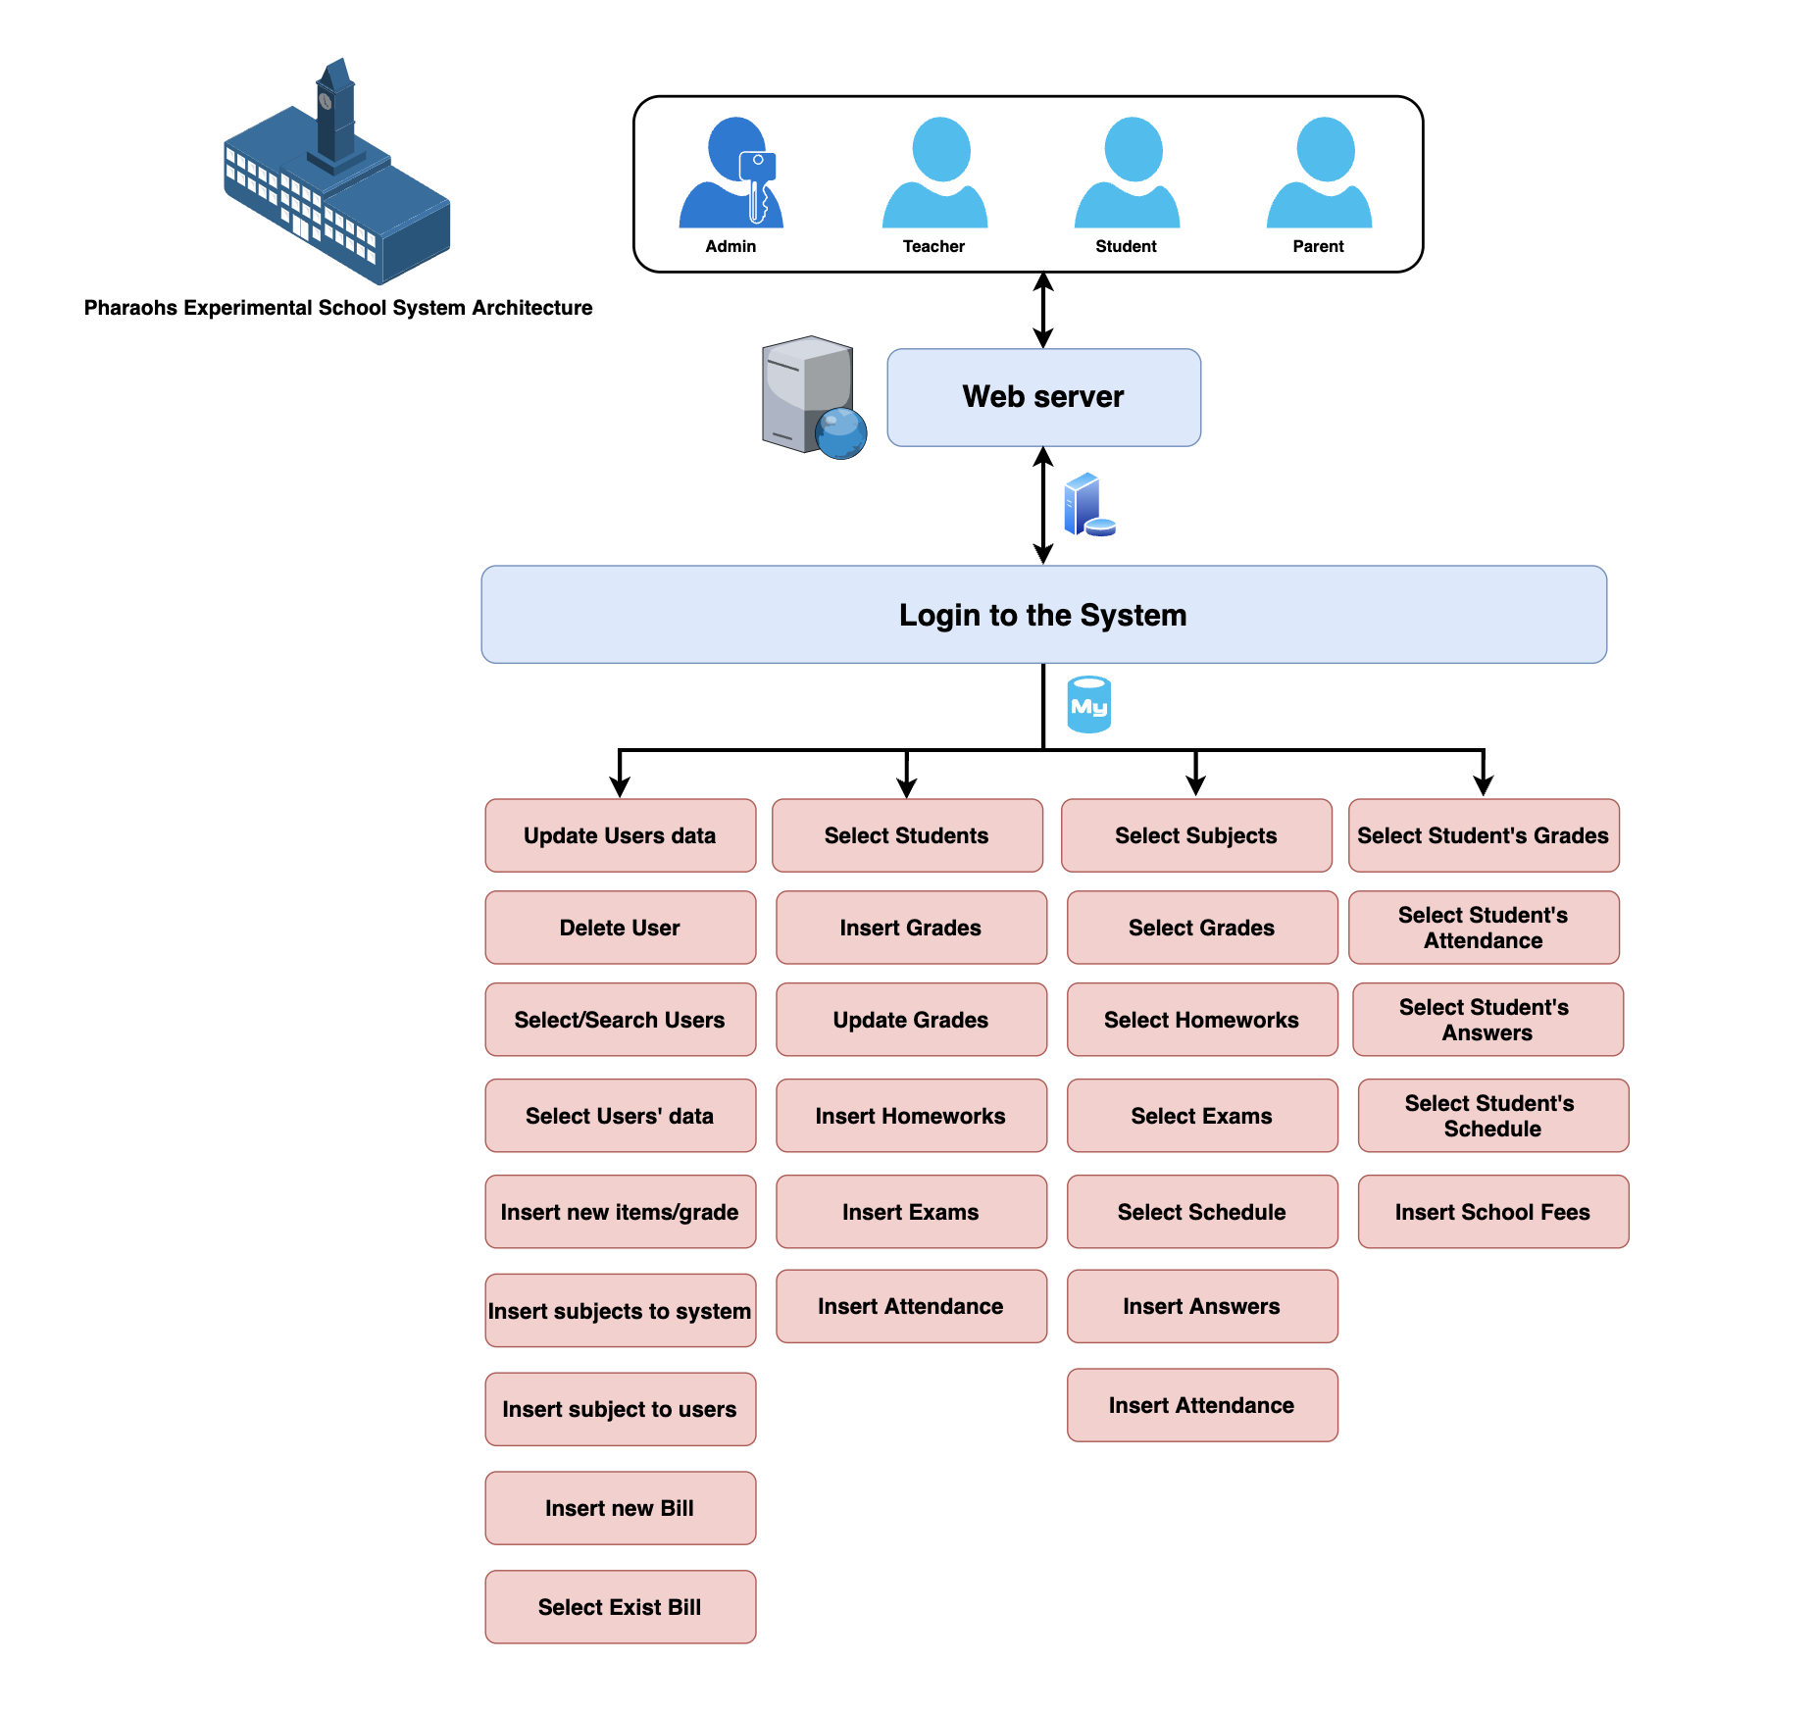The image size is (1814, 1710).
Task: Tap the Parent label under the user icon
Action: click(1318, 246)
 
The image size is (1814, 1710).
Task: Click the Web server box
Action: click(1043, 397)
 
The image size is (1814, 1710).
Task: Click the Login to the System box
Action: click(1043, 615)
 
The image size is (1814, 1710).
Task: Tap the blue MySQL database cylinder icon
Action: click(1088, 705)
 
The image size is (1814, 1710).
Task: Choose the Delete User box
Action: click(620, 928)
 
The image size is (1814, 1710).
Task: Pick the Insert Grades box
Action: click(911, 928)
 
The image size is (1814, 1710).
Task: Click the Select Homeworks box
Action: click(1201, 1020)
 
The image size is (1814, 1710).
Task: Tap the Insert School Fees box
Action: click(1492, 1212)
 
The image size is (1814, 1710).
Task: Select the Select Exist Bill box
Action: click(620, 1607)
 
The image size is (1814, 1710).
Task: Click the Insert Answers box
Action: click(1201, 1306)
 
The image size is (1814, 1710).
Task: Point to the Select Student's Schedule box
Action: click(1492, 1116)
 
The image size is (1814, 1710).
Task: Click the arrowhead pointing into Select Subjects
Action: click(1195, 786)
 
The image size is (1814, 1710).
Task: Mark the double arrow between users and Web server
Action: click(1043, 310)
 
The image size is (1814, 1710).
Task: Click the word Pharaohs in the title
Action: click(130, 308)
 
